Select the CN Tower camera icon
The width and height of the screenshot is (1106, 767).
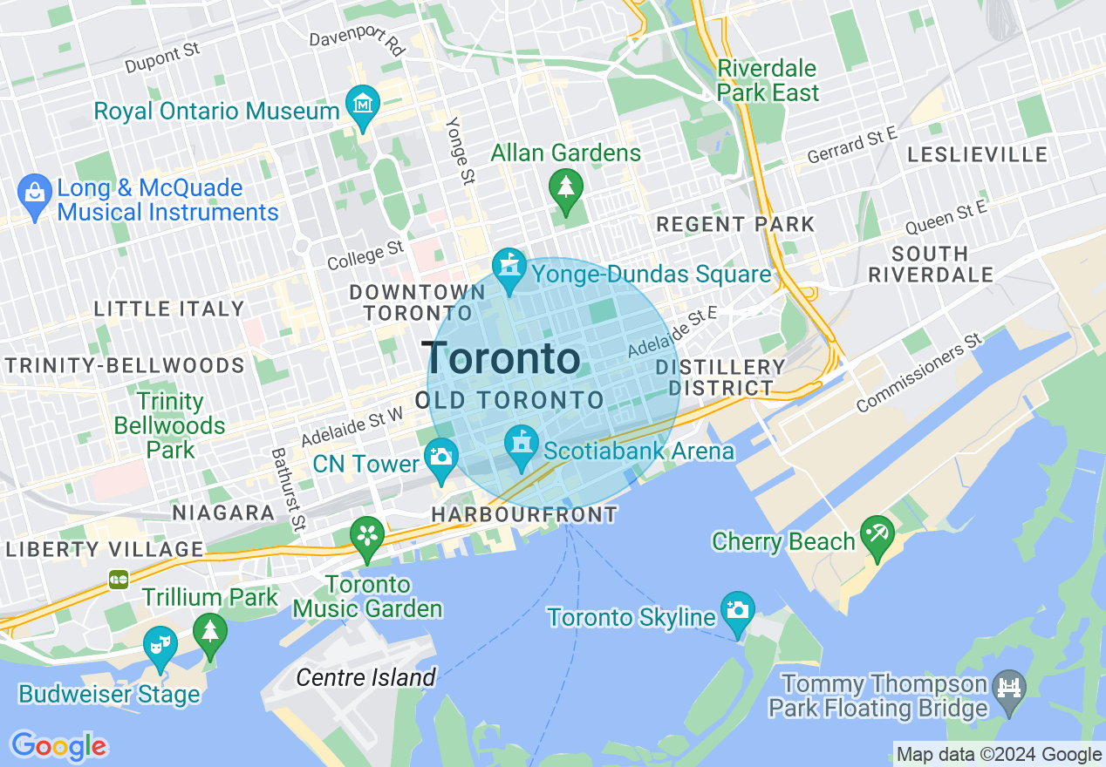tap(441, 458)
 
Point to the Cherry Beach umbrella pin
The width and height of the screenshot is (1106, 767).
tap(877, 534)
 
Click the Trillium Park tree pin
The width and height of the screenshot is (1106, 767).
tap(209, 632)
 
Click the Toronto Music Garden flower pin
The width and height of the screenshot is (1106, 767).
tap(367, 535)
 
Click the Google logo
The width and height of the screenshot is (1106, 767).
tap(58, 746)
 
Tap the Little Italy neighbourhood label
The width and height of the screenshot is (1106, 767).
tap(169, 309)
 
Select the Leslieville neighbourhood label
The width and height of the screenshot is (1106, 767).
tap(977, 155)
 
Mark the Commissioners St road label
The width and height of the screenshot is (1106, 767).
tap(919, 373)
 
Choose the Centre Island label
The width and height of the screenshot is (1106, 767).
tap(365, 677)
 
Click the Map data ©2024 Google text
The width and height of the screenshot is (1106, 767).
tap(999, 755)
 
